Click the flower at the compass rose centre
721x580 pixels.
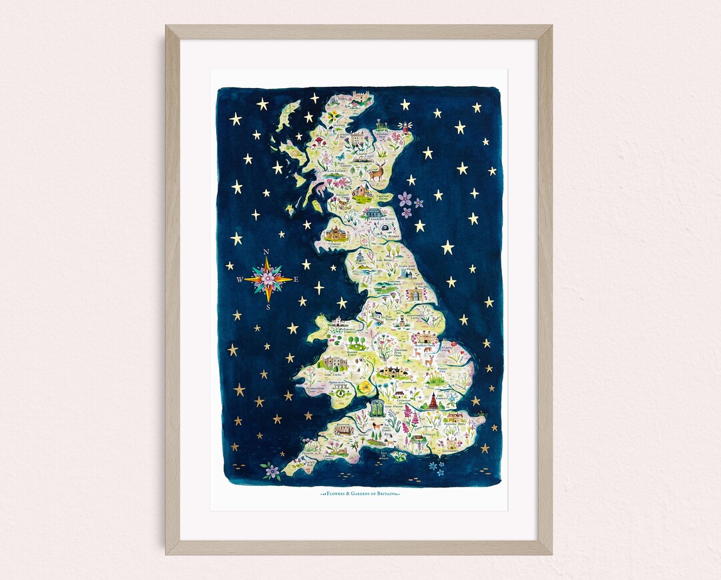coord(267,280)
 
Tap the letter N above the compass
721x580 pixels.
coord(267,252)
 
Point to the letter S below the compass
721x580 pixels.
coord(268,308)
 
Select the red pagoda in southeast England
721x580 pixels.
coord(433,400)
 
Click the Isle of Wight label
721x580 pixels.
coord(383,455)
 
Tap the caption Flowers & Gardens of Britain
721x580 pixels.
coord(360,494)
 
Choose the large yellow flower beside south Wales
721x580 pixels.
coord(365,386)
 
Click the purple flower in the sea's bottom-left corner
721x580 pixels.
coord(271,471)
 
